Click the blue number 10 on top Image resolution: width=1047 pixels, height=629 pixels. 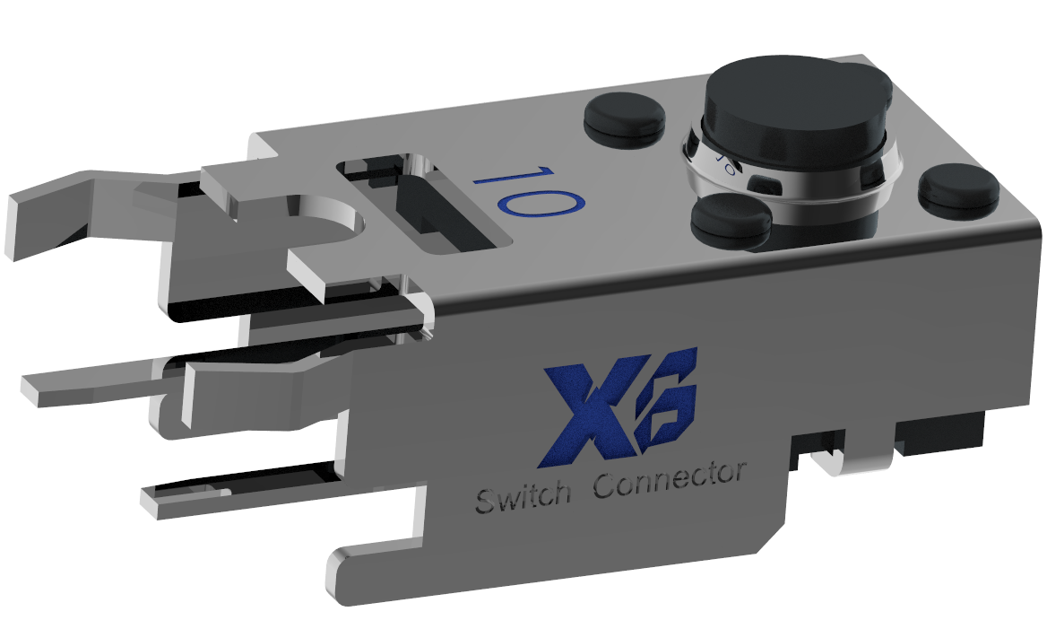[524, 191]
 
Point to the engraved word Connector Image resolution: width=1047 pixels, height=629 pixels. [671, 482]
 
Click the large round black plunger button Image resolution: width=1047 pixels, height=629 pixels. [795, 103]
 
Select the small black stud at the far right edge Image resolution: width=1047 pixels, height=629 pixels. [958, 189]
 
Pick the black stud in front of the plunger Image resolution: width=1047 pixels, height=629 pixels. [731, 220]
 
